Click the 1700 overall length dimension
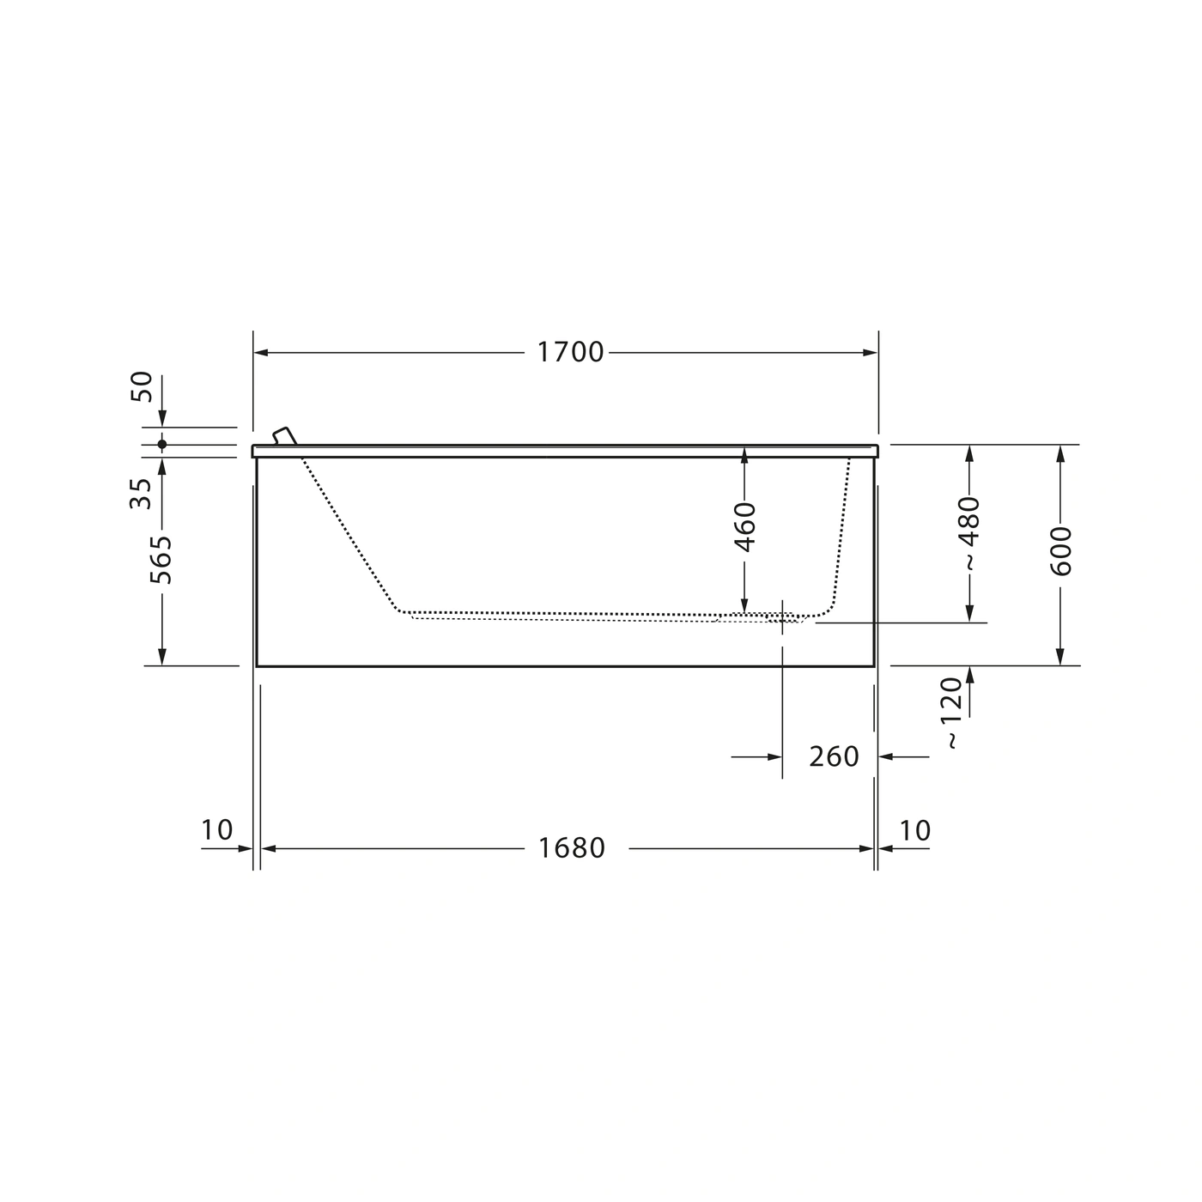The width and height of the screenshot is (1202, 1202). point(570,352)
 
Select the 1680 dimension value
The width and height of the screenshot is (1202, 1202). point(571,848)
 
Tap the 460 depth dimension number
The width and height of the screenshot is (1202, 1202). point(744,527)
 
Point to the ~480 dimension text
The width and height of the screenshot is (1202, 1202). point(970,533)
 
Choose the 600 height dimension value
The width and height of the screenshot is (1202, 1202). point(1060,551)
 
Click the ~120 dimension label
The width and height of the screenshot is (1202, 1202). point(952,713)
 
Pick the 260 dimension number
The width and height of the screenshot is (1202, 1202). point(834,756)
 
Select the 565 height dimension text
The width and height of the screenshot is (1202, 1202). point(161,560)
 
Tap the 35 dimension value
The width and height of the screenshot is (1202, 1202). point(141,494)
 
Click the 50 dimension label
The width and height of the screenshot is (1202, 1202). point(142,386)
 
